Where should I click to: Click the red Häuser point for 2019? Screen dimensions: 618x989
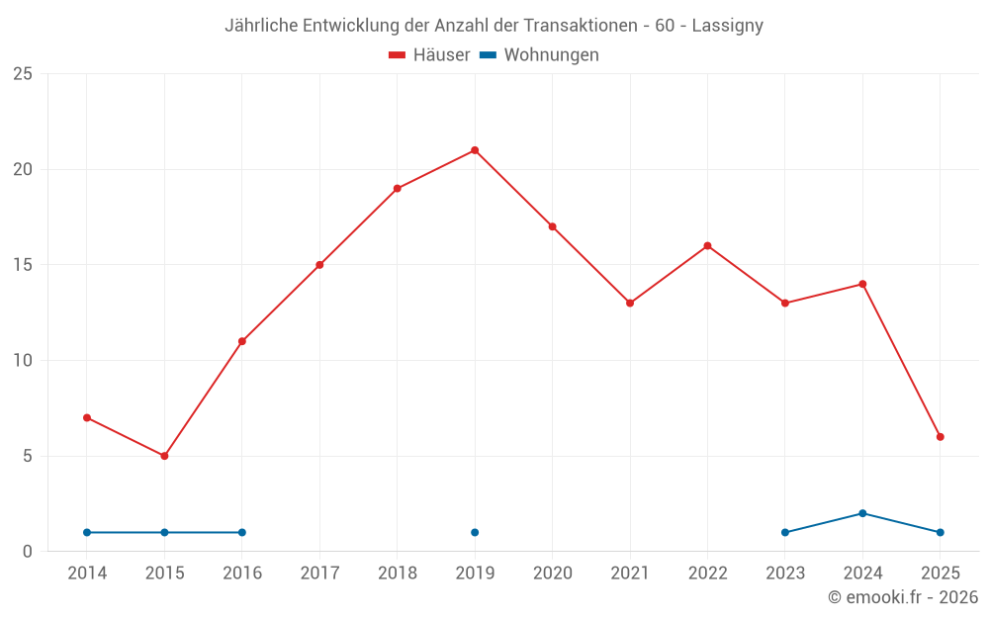tap(475, 150)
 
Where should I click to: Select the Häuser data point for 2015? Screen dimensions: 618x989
tap(164, 456)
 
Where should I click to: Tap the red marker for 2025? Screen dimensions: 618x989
tap(941, 437)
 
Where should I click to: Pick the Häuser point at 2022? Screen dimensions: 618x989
tap(707, 245)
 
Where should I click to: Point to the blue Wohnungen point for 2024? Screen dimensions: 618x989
tap(862, 513)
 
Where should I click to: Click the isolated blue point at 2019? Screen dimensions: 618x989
tap(475, 533)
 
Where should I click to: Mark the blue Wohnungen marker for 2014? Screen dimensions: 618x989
tap(87, 533)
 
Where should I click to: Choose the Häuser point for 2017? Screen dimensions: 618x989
tap(319, 265)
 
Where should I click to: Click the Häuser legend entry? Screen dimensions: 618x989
tap(429, 55)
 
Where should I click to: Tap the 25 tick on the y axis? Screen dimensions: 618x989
tap(23, 74)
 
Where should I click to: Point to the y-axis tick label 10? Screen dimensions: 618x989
tap(23, 361)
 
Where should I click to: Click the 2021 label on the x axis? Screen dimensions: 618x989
tap(630, 574)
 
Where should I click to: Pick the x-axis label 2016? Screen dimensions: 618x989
tap(242, 574)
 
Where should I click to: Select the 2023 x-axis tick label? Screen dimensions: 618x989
tap(785, 574)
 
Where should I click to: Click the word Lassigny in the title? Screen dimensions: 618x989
tap(728, 26)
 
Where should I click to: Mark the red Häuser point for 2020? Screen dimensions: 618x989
tap(552, 226)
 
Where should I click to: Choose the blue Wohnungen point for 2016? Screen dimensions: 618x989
tap(242, 533)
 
